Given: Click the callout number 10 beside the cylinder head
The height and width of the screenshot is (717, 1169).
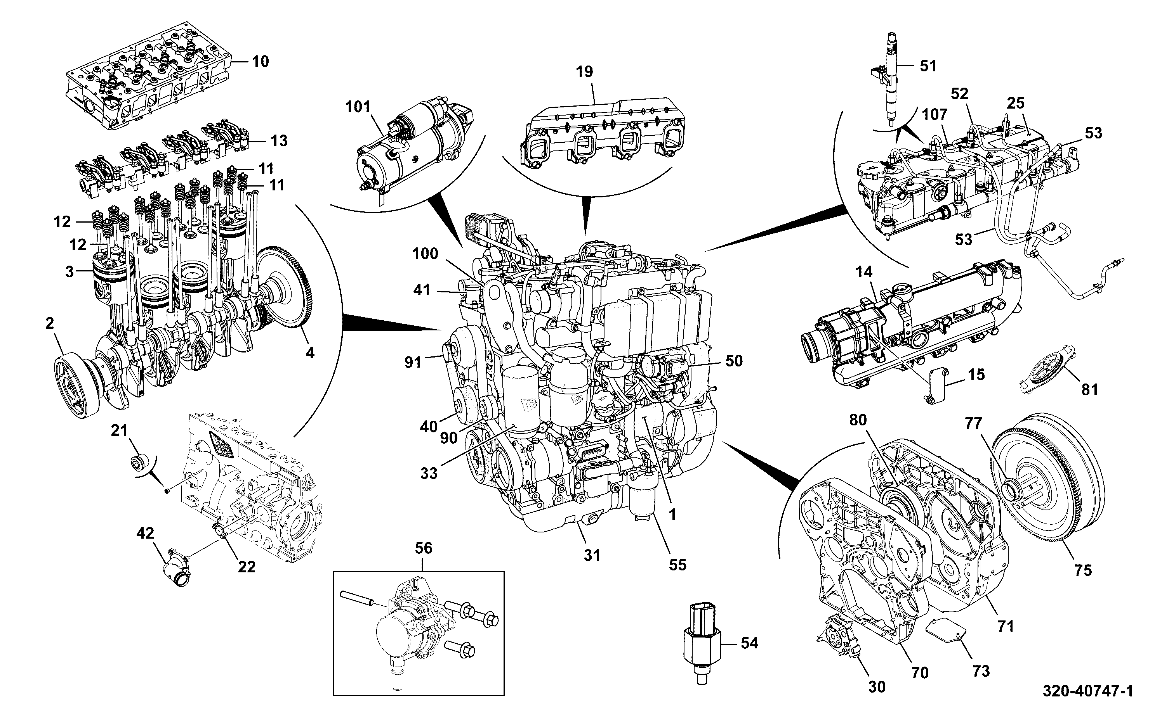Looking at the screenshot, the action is pos(260,62).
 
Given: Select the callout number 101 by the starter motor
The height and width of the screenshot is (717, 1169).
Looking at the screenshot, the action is pos(358,107).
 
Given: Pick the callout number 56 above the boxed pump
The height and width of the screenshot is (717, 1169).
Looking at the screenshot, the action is pos(423,548).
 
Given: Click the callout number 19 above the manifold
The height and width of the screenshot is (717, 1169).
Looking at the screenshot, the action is pos(585,72).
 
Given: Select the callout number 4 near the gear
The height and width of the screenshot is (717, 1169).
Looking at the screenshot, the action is pos(309,352).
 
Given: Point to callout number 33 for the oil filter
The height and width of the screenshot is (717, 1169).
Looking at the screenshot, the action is pos(429,473).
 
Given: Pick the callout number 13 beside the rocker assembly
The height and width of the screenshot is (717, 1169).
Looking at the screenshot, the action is pos(279,141).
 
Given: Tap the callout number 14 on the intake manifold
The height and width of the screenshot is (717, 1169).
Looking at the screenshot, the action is pos(864,272).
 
